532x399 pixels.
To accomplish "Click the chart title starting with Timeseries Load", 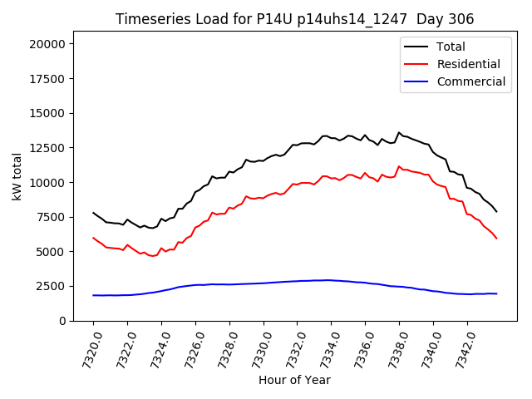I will (x=294, y=19).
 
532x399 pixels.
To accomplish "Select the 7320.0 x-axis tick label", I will (x=86, y=347).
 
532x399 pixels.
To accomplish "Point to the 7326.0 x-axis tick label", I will (x=189, y=347).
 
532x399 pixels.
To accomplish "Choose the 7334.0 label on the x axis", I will (x=324, y=347).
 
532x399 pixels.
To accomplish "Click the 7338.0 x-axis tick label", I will (x=392, y=347).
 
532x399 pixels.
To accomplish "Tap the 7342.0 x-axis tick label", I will (x=461, y=347).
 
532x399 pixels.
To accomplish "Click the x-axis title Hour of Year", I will (x=294, y=380).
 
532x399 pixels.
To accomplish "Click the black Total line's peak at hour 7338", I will (x=399, y=132).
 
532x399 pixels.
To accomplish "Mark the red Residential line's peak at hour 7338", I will (x=399, y=166).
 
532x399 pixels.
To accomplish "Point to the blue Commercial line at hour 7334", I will (x=331, y=280).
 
